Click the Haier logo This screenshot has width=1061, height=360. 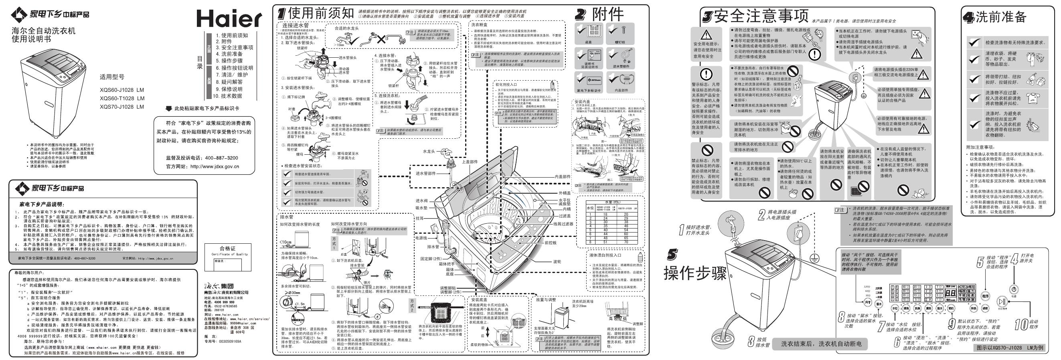point(229,18)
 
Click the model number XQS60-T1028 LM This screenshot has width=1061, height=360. point(122,99)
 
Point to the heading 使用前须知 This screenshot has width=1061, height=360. point(321,13)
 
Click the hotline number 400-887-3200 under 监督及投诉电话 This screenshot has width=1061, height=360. point(221,158)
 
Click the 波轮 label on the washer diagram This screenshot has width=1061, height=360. point(557,261)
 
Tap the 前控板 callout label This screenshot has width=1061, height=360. point(550,243)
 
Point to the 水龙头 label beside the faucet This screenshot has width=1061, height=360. point(428,152)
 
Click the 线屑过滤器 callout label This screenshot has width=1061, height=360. point(563,224)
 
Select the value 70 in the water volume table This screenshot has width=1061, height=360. point(626,242)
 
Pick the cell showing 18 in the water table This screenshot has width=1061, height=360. point(605,214)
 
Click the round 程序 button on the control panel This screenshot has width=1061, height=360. point(985,296)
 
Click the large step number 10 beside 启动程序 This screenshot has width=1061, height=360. point(1021,324)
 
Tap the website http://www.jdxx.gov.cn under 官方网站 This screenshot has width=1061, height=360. point(215,166)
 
